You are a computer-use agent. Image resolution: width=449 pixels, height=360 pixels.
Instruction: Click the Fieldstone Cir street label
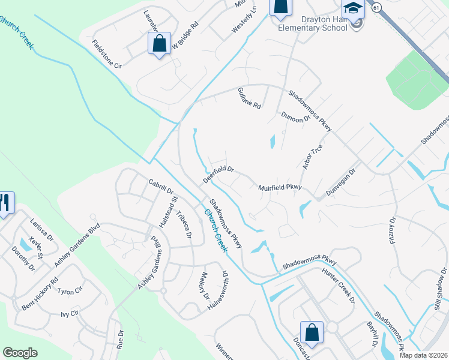click(107, 55)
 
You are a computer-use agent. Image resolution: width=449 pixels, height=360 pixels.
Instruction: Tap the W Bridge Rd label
click(184, 37)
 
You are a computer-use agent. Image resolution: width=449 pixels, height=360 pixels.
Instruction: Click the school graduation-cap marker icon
click(354, 9)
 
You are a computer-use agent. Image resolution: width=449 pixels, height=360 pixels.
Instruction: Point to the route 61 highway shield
click(376, 7)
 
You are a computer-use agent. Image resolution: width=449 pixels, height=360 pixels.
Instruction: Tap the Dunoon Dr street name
click(295, 117)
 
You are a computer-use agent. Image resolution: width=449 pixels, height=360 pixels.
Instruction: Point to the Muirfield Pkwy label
click(279, 188)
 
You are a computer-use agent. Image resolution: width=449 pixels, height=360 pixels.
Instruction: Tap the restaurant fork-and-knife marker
click(6, 203)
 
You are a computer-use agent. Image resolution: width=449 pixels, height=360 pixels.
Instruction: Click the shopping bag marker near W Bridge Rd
click(159, 44)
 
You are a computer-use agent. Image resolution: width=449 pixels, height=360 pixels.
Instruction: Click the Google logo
click(20, 353)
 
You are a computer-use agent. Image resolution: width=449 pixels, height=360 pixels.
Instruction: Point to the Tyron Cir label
click(70, 292)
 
